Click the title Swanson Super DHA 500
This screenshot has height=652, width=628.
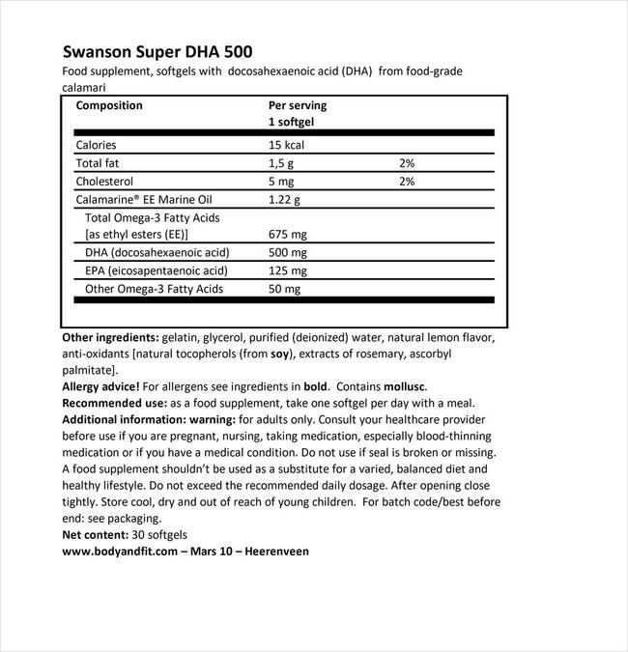tap(158, 51)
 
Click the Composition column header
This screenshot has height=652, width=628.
tap(108, 105)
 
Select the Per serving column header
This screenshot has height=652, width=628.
tap(298, 105)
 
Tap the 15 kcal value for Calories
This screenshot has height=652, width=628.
tap(288, 145)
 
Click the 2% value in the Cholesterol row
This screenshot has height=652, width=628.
tap(406, 181)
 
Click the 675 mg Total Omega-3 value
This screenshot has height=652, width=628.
tap(288, 235)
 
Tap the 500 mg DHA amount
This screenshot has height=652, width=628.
tap(288, 253)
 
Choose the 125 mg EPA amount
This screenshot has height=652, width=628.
tap(288, 270)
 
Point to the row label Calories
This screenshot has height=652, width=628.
tap(98, 145)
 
